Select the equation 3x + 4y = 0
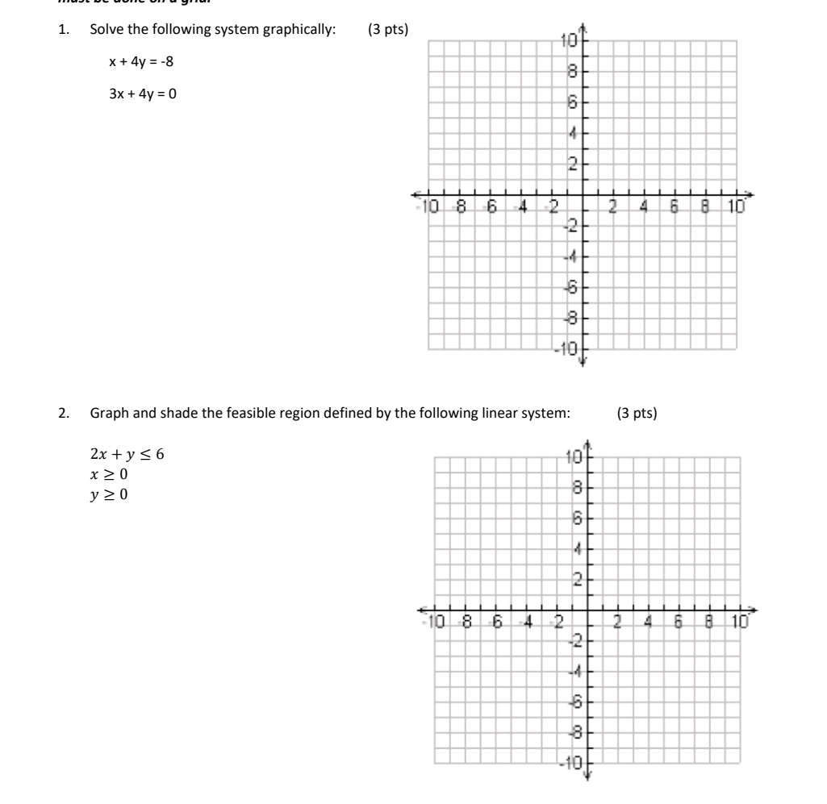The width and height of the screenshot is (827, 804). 143,94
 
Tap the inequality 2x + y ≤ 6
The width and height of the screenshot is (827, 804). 127,455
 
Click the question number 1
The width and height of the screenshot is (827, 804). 63,31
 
